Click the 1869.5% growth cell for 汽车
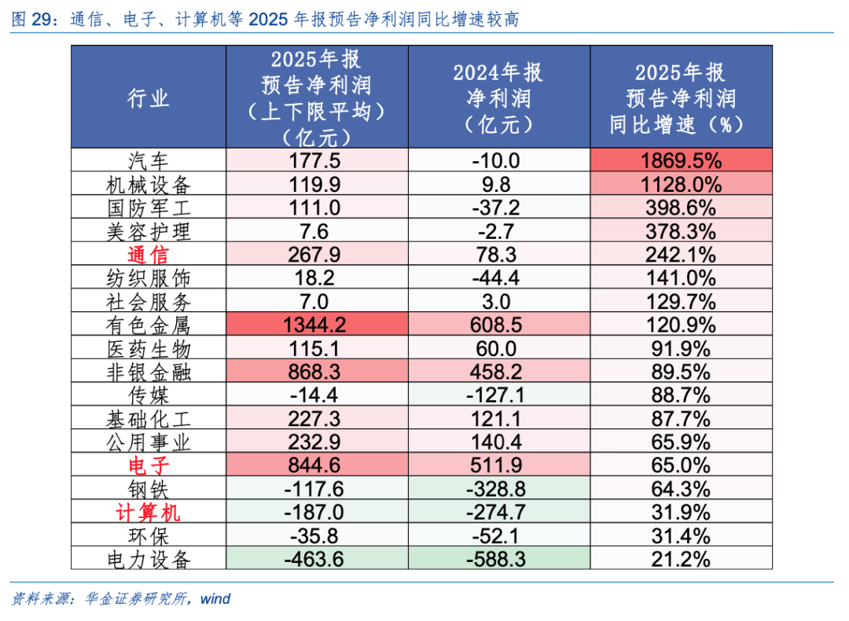point(681,161)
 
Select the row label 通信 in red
point(148,255)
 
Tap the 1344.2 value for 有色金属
point(317,325)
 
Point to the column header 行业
point(148,97)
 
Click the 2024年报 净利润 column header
point(498,97)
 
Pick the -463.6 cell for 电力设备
point(317,559)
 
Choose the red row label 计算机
point(148,513)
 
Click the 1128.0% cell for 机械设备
point(681,185)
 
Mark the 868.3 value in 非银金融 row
point(317,372)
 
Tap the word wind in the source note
point(215,599)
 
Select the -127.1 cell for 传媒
point(498,395)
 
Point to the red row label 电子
point(148,465)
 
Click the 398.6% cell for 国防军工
point(681,208)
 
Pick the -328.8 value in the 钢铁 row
point(498,489)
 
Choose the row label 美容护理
point(148,232)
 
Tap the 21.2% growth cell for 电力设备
point(681,559)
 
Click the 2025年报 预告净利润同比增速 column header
point(681,97)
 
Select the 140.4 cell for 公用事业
point(498,442)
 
